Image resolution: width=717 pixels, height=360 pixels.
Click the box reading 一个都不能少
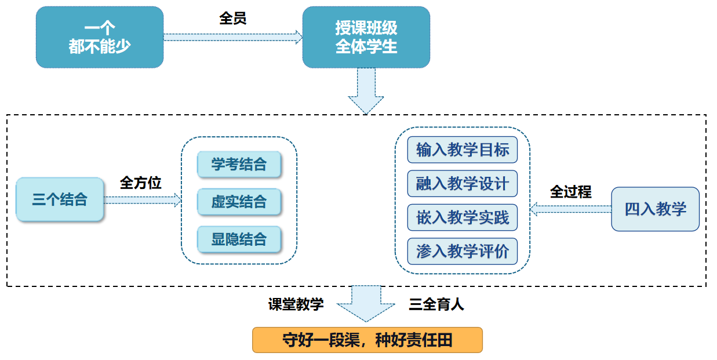click(x=100, y=38)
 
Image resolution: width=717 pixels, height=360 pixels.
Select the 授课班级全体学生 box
click(x=366, y=38)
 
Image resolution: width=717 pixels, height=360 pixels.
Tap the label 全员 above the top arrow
click(x=233, y=19)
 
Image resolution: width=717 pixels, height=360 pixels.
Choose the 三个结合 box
click(x=60, y=200)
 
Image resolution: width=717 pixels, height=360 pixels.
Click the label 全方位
click(x=140, y=183)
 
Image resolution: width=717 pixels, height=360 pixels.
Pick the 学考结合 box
click(x=239, y=165)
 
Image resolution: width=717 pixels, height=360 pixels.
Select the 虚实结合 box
click(x=239, y=202)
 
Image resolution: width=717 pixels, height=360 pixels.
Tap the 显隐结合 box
click(x=239, y=239)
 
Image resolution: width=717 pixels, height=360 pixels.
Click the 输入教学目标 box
click(x=462, y=150)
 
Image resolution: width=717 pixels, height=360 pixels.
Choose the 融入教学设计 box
click(x=462, y=184)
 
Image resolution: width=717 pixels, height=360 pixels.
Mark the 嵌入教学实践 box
click(x=462, y=217)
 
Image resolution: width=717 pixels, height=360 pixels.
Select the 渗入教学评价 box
click(x=462, y=252)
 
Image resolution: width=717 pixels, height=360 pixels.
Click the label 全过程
click(x=570, y=192)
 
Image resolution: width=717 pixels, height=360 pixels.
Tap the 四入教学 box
click(x=655, y=209)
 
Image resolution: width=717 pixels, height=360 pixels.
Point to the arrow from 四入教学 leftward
click(x=570, y=209)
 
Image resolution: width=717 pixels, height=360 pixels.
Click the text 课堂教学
click(x=296, y=304)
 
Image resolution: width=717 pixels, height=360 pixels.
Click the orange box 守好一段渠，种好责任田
click(x=367, y=340)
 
